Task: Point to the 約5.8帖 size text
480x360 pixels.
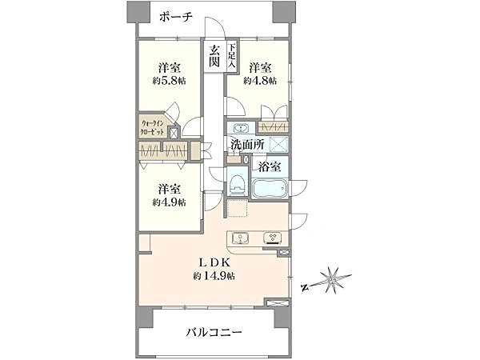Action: click(168, 81)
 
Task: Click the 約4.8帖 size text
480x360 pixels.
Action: click(261, 81)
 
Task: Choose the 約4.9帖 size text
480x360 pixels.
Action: click(170, 202)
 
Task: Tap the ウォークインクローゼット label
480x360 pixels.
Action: click(154, 126)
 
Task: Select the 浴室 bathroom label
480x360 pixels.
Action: click(268, 169)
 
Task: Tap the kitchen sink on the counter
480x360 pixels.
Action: click(240, 238)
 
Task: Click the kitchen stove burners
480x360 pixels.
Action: click(271, 238)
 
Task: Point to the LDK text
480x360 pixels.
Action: click(212, 261)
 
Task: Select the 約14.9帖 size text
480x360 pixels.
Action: click(213, 276)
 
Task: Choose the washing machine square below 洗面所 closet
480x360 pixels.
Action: click(278, 145)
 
